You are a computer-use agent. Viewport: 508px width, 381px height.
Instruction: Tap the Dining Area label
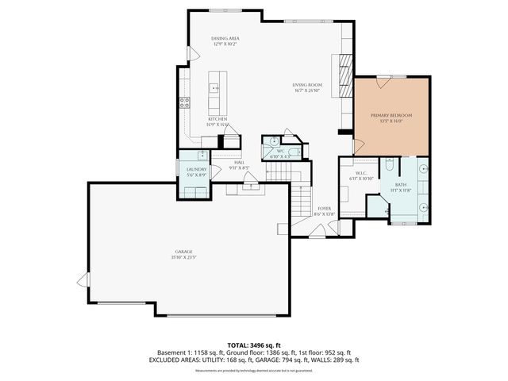pos(225,38)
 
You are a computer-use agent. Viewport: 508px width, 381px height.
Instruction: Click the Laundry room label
pos(196,169)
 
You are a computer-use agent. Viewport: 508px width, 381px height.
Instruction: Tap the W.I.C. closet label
pos(360,173)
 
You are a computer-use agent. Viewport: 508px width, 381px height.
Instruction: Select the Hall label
pos(238,163)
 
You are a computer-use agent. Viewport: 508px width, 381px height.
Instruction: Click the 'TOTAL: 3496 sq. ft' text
pos(254,345)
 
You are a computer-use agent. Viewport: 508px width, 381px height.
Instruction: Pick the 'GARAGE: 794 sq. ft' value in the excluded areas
pos(295,360)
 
